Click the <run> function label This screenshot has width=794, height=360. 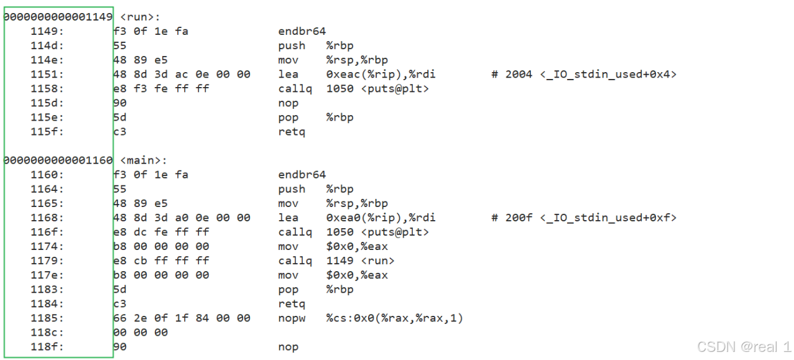click(x=139, y=17)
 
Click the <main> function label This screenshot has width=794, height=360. click(x=143, y=160)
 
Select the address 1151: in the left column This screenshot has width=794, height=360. click(x=47, y=75)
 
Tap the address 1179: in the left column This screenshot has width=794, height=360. click(x=47, y=261)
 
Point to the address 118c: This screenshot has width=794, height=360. click(x=47, y=333)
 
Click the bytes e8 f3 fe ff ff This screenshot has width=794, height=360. click(x=161, y=89)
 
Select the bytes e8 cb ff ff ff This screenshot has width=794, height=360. click(x=161, y=261)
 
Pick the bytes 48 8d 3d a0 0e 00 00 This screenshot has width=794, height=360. click(x=182, y=218)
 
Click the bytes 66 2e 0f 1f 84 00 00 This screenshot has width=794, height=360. click(x=182, y=318)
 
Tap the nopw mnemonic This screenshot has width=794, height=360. click(x=292, y=318)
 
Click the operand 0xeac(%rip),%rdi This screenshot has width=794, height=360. click(x=381, y=75)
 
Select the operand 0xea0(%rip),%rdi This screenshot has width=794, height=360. click(x=381, y=218)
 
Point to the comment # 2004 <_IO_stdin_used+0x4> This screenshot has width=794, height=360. click(x=584, y=75)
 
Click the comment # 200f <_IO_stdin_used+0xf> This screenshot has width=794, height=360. click(x=584, y=218)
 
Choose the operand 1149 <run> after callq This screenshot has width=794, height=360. click(x=360, y=261)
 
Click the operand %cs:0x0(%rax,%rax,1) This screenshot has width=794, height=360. click(x=394, y=318)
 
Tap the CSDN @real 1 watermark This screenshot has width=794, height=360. click(x=744, y=346)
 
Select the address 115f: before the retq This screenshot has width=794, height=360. click(x=47, y=132)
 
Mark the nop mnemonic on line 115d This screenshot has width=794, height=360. click(x=289, y=103)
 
